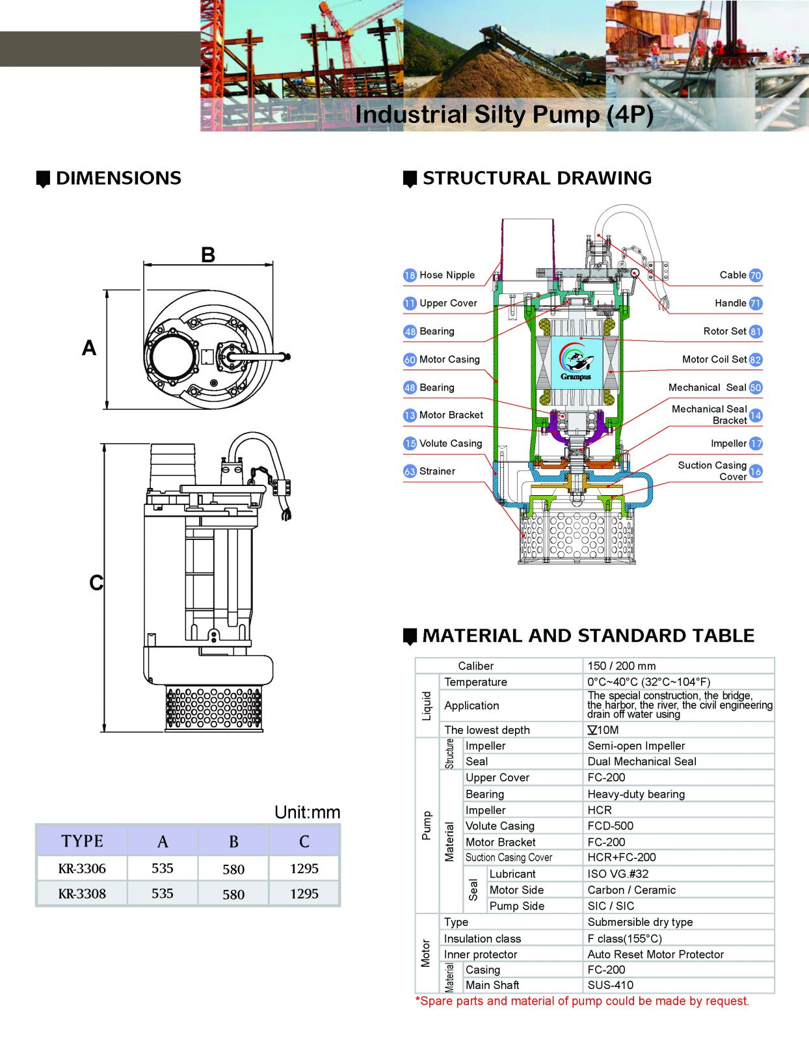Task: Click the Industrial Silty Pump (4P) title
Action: point(504,115)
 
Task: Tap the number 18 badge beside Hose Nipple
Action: point(410,275)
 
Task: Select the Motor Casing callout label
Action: point(449,359)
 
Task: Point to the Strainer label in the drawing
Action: point(437,471)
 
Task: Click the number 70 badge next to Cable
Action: point(755,275)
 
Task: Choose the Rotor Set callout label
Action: point(724,331)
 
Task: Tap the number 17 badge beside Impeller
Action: point(755,444)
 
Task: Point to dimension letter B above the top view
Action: point(208,254)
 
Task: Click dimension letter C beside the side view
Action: point(96,582)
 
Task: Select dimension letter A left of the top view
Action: point(89,348)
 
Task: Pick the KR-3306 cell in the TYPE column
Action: point(82,869)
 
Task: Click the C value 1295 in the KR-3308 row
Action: point(304,894)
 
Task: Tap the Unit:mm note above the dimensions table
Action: point(307,812)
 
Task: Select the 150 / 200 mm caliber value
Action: point(622,666)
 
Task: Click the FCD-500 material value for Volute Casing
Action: point(610,826)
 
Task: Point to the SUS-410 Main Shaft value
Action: point(610,985)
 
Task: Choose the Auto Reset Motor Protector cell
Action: point(656,954)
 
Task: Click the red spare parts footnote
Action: point(582,1001)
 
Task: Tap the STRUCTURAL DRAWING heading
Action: point(537,178)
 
